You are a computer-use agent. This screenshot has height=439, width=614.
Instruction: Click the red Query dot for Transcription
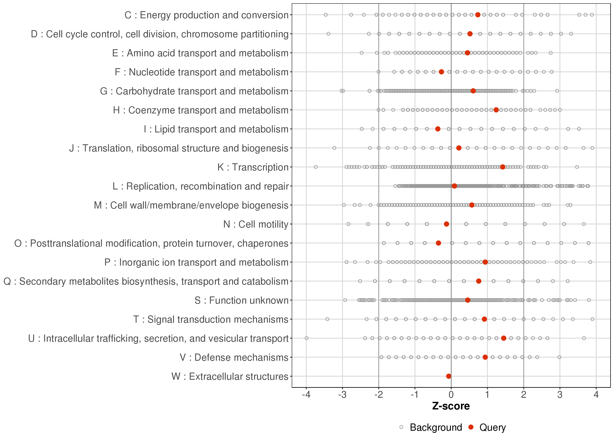point(502,167)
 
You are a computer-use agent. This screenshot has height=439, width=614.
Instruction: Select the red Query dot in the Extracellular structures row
point(449,376)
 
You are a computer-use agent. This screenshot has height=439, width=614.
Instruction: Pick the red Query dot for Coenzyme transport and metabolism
point(496,110)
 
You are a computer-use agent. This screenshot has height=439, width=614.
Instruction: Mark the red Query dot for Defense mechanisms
point(485,357)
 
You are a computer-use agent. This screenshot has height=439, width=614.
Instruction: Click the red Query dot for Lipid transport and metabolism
point(438,129)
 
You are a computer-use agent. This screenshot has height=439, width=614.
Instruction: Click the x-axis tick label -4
point(306,395)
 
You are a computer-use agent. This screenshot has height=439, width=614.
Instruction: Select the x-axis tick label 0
point(451,395)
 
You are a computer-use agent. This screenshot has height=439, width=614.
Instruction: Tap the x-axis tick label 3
point(560,395)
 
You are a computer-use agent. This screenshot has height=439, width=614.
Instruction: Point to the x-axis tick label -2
point(378,395)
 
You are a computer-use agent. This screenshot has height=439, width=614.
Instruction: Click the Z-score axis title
point(451,406)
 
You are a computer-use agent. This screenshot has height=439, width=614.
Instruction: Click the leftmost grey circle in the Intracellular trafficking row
point(306,338)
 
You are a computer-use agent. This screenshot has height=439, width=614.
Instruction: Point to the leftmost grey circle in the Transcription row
point(316,167)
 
